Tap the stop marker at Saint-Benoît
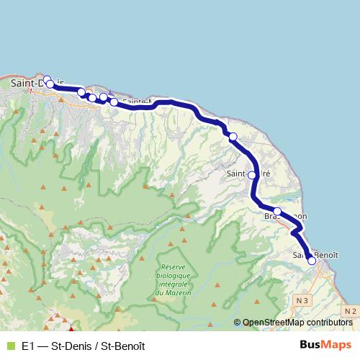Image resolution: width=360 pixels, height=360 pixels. coord(312,261)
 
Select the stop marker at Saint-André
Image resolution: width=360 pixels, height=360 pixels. coord(252,174)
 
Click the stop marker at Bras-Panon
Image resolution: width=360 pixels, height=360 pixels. coord(277,212)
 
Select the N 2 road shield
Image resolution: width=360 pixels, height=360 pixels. coord(350,310)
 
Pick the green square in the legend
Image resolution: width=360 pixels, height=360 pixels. coord(10,346)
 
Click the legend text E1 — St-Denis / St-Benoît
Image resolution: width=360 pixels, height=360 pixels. coord(83,346)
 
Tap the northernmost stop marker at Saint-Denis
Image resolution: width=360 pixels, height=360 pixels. coord(47,80)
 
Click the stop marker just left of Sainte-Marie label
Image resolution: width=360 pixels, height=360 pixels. coord(114,102)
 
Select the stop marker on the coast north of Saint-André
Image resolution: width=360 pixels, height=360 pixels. coord(233,136)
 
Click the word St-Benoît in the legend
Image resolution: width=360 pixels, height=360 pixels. coord(123,346)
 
